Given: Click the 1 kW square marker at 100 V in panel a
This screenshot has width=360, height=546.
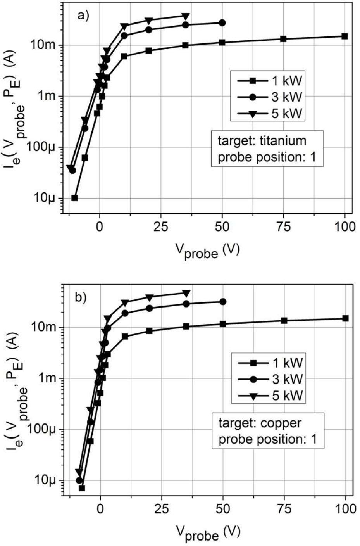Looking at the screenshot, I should click(x=344, y=36).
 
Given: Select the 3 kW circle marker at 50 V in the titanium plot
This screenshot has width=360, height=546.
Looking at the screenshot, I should click(x=222, y=23).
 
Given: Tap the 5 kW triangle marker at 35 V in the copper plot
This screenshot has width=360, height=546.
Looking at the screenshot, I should click(x=186, y=293).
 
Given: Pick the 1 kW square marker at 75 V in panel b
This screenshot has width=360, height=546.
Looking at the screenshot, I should click(x=284, y=320).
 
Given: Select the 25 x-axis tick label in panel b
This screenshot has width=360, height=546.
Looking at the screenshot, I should click(x=161, y=508).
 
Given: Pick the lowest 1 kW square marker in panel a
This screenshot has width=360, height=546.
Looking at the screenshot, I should click(x=75, y=198).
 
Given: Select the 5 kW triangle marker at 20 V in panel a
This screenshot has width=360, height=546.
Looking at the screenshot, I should click(x=149, y=21).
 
